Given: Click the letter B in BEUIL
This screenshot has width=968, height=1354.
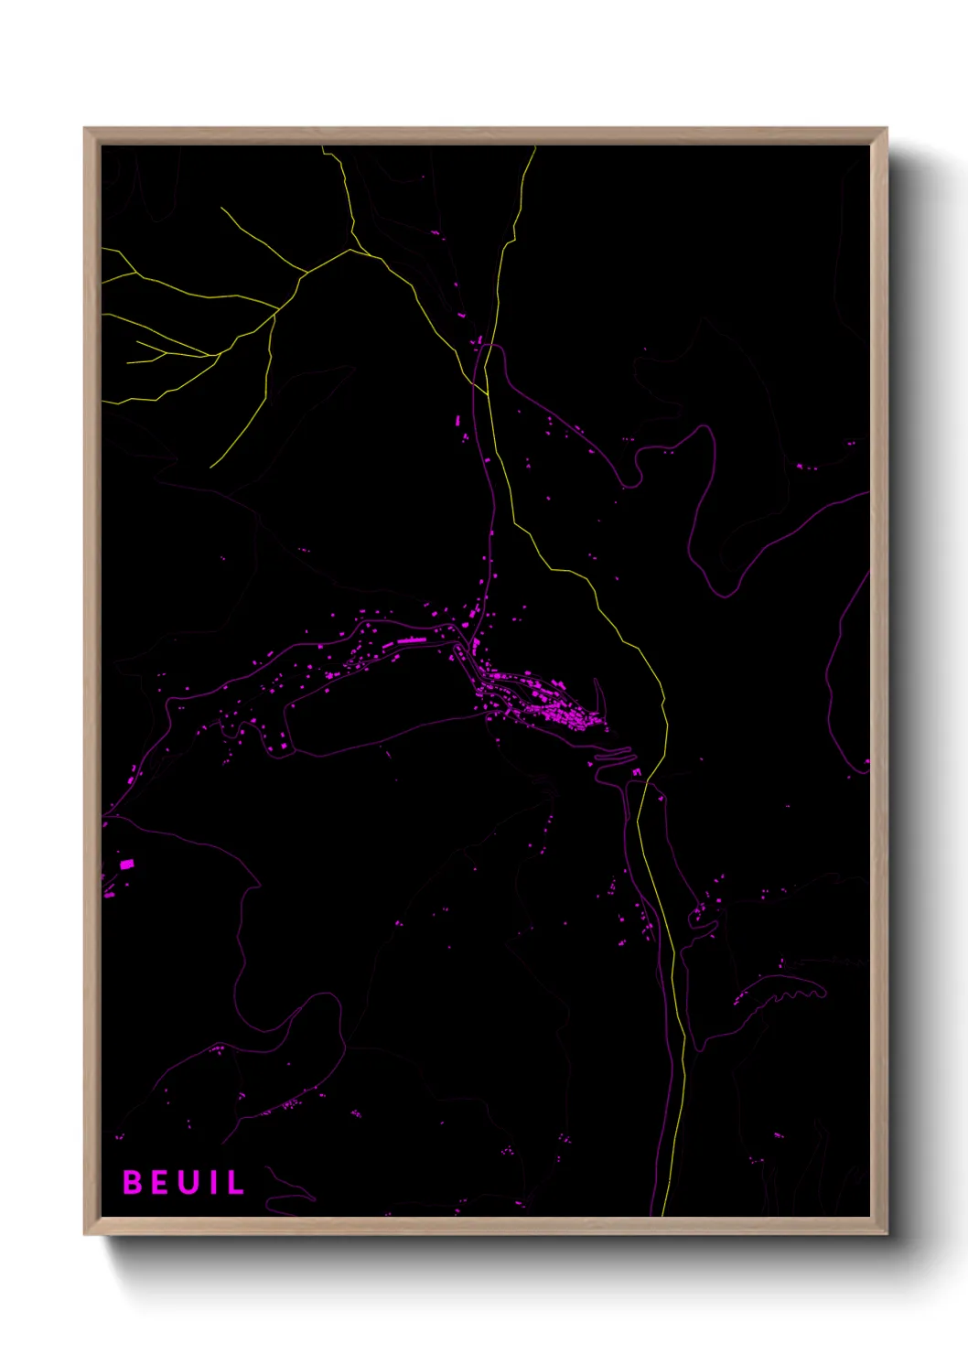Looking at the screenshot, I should click(133, 1183).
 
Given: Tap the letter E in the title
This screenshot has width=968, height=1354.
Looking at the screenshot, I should click(159, 1183).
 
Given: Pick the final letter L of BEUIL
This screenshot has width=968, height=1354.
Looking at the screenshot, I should click(235, 1183).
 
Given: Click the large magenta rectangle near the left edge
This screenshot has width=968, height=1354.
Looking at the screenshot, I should click(126, 864).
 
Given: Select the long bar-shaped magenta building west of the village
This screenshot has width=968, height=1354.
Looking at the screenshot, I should click(411, 641).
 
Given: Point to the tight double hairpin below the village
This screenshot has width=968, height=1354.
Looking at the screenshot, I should click(613, 756).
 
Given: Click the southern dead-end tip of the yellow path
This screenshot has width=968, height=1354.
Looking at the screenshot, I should click(210, 467).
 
